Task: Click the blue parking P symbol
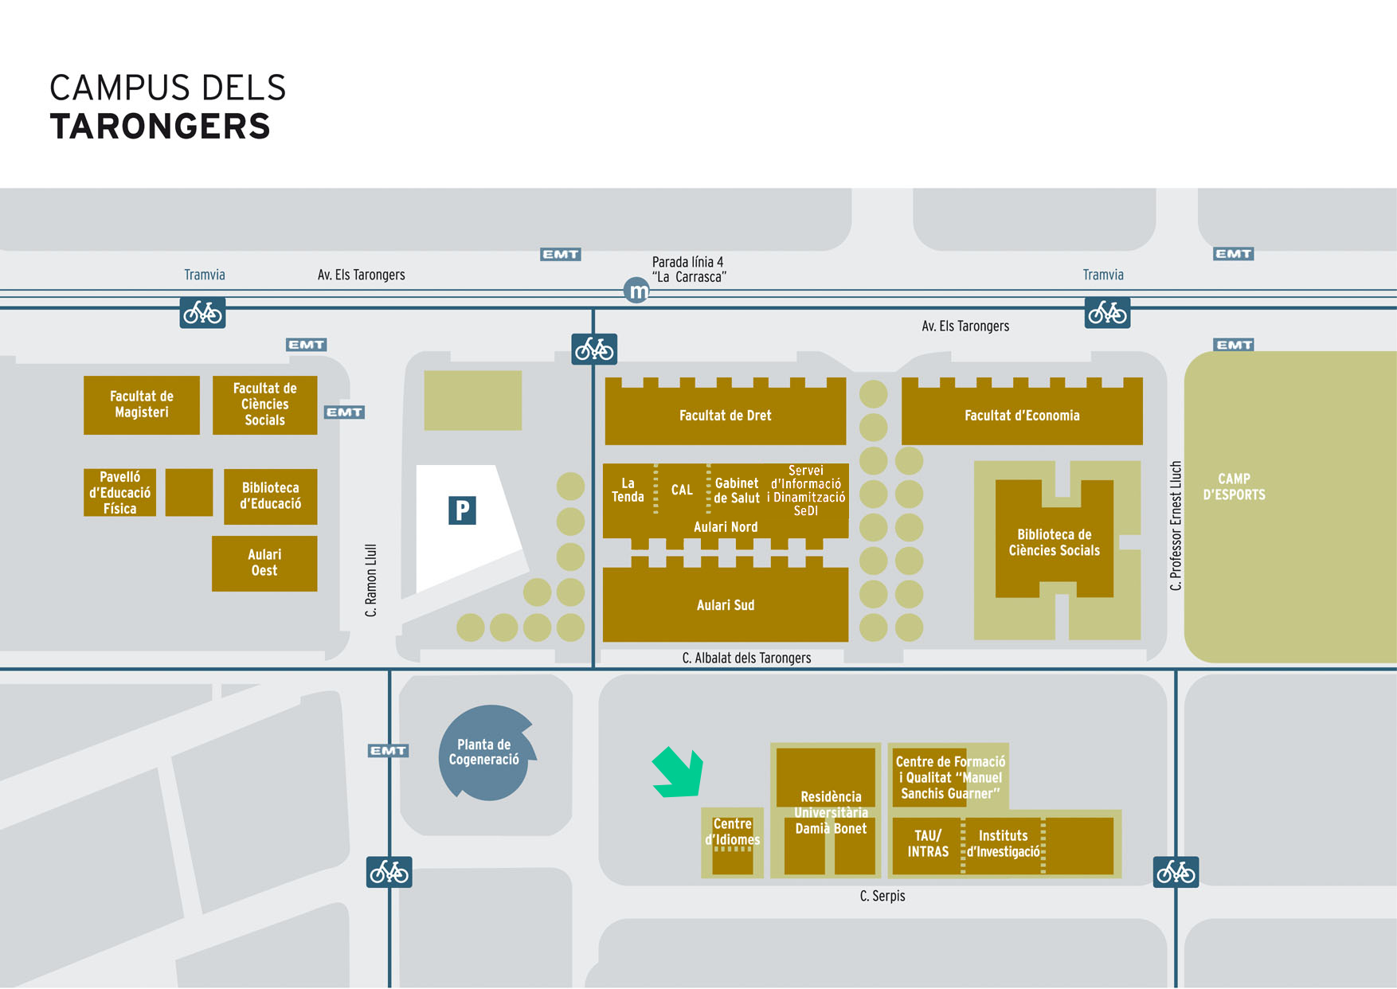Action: click(462, 510)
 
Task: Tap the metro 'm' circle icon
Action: click(636, 291)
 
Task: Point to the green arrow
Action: click(678, 772)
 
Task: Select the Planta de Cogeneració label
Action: click(483, 752)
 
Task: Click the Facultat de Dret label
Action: click(725, 415)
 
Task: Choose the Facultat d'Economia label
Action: click(1022, 415)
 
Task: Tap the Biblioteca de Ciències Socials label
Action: click(1054, 542)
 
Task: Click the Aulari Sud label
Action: click(725, 605)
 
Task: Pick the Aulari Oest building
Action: click(264, 563)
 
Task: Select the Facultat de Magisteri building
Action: click(142, 405)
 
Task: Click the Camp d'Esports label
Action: click(1234, 487)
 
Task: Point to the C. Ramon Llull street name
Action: click(370, 580)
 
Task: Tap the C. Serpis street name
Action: click(882, 896)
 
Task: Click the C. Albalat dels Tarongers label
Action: click(746, 658)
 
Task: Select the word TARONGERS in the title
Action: click(160, 127)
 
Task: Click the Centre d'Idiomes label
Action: click(732, 831)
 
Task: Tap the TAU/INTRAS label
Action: click(928, 843)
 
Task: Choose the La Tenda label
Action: click(628, 490)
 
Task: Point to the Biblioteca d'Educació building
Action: click(271, 496)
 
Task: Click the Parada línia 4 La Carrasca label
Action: click(689, 269)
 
